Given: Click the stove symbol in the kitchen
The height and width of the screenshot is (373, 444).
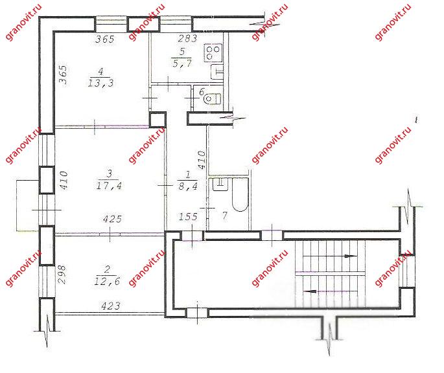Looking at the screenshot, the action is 213,52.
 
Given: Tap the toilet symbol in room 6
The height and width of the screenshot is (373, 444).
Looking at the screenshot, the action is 212,99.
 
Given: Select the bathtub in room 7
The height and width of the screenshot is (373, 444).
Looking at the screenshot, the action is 240,194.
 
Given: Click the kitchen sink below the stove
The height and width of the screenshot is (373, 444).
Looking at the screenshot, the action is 217,71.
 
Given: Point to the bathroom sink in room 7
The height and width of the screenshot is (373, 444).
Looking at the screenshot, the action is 220,184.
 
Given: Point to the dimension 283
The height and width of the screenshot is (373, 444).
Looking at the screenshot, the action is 187,38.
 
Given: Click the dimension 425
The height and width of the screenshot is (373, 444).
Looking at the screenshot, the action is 112,219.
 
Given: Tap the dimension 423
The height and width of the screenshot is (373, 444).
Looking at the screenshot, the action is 111,306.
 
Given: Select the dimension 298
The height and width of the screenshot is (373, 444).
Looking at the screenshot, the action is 62,274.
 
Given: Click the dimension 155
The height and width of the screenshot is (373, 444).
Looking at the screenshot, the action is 188,217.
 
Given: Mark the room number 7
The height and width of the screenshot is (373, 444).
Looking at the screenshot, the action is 224,216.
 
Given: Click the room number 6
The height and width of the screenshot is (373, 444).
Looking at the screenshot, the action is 202,92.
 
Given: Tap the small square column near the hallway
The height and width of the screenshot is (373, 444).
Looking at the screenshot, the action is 157,120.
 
